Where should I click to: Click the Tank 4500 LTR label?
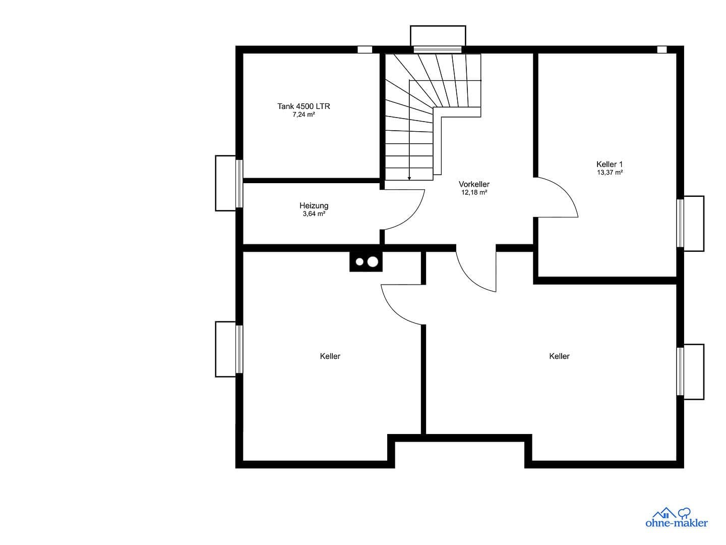(304, 106)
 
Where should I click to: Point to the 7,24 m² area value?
(304, 115)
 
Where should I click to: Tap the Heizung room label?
(314, 205)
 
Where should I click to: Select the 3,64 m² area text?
(314, 214)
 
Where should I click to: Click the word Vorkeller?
(474, 184)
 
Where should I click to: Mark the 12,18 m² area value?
(474, 192)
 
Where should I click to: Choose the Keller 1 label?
(610, 164)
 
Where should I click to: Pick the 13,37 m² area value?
(610, 173)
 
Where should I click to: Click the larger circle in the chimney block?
(373, 262)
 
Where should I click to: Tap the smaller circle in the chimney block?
(359, 262)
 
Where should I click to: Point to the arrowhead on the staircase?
(409, 178)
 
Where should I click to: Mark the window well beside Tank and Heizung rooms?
(225, 183)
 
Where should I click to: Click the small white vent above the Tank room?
(365, 49)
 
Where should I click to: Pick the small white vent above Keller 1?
(661, 49)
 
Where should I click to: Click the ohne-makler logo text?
(677, 523)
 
